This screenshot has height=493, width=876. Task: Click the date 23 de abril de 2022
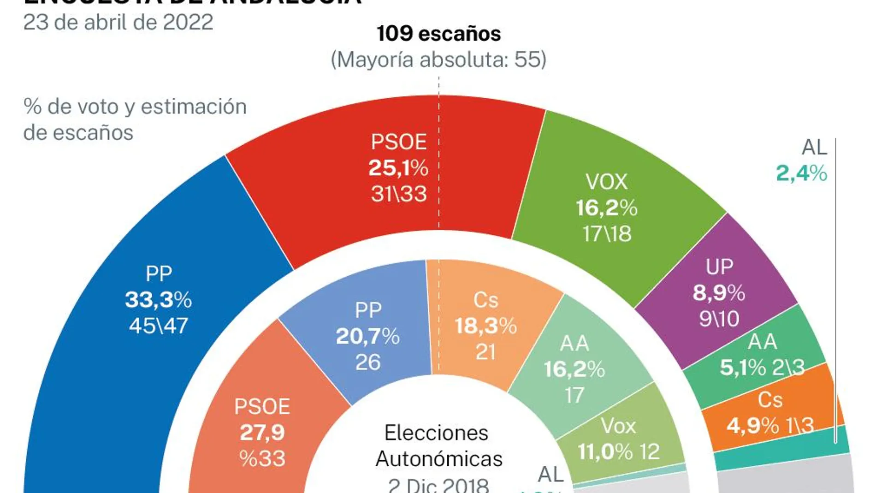[118, 22]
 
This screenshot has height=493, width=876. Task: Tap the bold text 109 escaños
[438, 34]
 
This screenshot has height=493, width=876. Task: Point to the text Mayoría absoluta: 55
[438, 60]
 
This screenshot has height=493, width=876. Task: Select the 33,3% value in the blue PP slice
[158, 300]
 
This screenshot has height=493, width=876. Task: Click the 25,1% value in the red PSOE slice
[398, 168]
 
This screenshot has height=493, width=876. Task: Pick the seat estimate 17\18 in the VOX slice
[607, 234]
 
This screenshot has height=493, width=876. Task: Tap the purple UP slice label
[719, 267]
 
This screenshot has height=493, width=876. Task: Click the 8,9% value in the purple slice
[719, 293]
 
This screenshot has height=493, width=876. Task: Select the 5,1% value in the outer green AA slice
[743, 368]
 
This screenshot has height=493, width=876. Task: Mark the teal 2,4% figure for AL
[801, 174]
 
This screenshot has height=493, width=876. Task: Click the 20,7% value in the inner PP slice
[367, 336]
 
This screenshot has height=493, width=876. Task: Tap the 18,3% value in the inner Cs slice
[485, 326]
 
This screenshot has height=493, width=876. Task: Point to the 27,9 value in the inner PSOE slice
[262, 433]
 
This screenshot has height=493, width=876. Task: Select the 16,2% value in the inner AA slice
[574, 369]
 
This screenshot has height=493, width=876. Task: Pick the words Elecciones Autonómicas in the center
[438, 446]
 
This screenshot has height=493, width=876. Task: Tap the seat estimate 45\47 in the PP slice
[158, 326]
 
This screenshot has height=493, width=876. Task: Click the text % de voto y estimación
[135, 107]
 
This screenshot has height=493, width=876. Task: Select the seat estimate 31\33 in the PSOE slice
[399, 194]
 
